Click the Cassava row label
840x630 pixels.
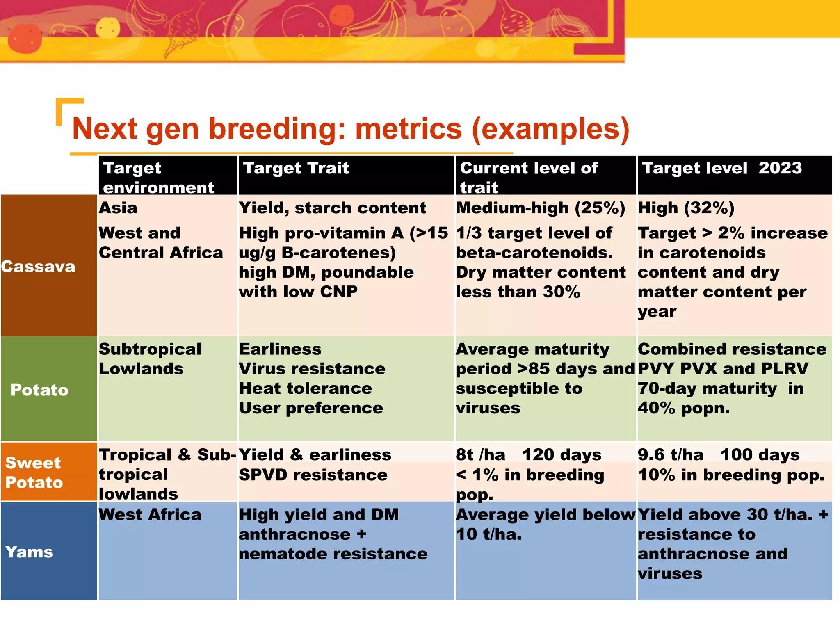tap(38, 267)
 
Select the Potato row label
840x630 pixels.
tap(39, 390)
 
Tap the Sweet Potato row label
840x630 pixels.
tap(34, 472)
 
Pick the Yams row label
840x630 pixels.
tap(29, 552)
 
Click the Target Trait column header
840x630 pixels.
tap(296, 168)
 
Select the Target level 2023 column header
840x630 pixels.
tap(721, 168)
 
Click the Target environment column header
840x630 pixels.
tap(158, 177)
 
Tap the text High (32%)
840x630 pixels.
tap(686, 208)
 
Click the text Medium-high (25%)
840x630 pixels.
tap(540, 208)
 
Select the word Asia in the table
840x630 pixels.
tap(118, 208)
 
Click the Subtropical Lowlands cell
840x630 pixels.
tap(150, 359)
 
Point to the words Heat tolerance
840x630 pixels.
tap(305, 388)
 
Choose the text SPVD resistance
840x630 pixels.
tap(313, 475)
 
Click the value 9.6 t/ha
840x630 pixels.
tap(670, 455)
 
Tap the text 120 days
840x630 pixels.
tap(562, 455)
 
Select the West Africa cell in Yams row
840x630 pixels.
tap(150, 515)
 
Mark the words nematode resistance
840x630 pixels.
tap(333, 554)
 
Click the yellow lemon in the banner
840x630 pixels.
tap(108, 28)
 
